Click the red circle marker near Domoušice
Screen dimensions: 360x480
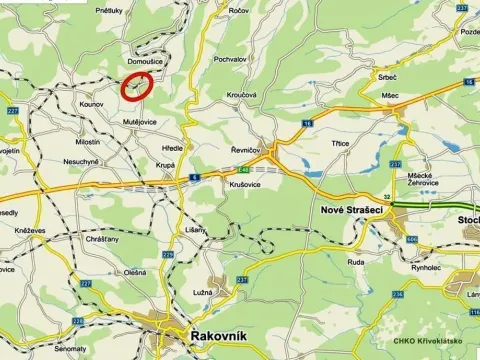[137, 86]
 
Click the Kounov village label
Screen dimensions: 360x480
[91, 103]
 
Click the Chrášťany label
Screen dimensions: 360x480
[102, 240]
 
